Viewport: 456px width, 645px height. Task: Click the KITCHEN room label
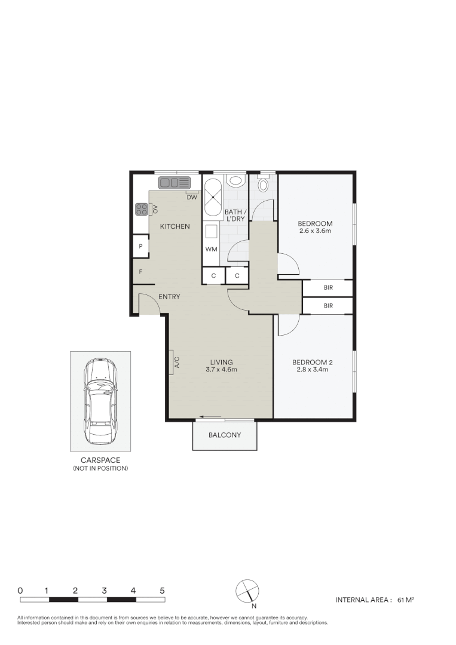click(x=175, y=226)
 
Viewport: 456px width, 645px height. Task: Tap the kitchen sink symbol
click(x=174, y=182)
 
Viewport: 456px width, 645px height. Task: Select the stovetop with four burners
click(x=142, y=209)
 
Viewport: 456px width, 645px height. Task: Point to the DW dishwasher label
click(x=192, y=198)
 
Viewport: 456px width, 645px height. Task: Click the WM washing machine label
click(x=211, y=249)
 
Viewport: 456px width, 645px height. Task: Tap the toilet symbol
click(x=264, y=185)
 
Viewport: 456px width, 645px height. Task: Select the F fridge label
click(x=140, y=272)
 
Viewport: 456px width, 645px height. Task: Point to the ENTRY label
click(x=169, y=297)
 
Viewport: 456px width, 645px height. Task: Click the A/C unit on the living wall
click(x=171, y=362)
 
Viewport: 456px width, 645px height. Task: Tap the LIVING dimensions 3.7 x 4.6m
click(x=221, y=370)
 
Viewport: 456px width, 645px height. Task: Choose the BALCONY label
click(x=225, y=435)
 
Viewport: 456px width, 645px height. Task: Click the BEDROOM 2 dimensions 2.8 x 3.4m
click(x=313, y=370)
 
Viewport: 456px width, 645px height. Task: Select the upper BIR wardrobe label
click(x=328, y=288)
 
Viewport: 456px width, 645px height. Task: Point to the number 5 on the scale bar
click(x=163, y=590)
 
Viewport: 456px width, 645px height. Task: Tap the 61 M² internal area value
click(x=406, y=600)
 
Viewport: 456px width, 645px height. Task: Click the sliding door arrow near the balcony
click(x=210, y=417)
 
